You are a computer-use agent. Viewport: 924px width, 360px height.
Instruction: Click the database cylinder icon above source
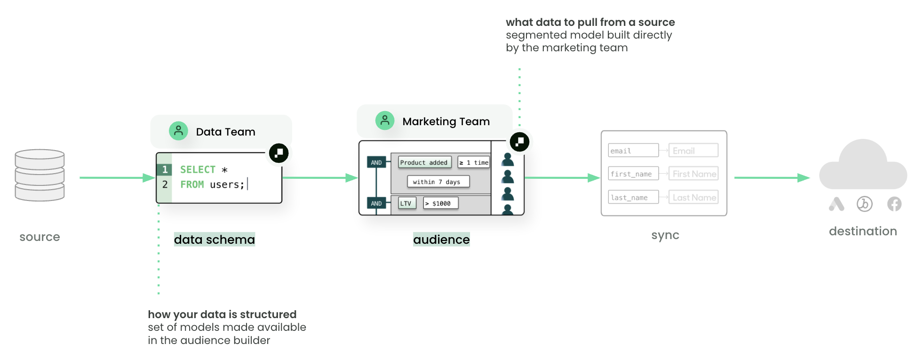(x=40, y=175)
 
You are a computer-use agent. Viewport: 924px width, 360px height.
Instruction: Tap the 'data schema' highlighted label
(x=214, y=240)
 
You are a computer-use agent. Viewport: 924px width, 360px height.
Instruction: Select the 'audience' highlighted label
(x=441, y=240)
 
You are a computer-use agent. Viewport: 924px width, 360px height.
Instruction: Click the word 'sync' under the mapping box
(x=665, y=235)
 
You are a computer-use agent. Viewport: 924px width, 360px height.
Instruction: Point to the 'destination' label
(x=862, y=231)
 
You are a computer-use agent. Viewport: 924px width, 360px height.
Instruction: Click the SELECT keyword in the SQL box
(x=198, y=169)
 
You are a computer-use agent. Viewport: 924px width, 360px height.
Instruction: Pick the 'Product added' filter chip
(x=424, y=162)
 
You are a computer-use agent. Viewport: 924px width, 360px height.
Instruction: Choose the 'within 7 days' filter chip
(x=438, y=182)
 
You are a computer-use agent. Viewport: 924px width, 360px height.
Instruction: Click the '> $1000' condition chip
(x=440, y=203)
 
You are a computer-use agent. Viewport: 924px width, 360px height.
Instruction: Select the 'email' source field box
(x=633, y=151)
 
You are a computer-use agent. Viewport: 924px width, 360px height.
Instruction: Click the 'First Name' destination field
(x=693, y=174)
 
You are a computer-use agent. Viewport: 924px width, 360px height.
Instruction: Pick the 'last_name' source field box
(x=633, y=197)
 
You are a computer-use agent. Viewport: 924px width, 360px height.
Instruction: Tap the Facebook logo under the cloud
(x=894, y=204)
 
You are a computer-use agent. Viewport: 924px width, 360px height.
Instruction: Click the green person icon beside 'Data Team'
(x=178, y=131)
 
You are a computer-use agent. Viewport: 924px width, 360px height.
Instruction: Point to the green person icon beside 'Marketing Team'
(x=384, y=120)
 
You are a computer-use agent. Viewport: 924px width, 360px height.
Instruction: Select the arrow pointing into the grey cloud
(x=772, y=178)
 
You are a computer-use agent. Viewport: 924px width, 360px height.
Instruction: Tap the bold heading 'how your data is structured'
(x=222, y=314)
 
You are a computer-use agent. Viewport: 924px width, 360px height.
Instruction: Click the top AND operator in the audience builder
(x=376, y=162)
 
